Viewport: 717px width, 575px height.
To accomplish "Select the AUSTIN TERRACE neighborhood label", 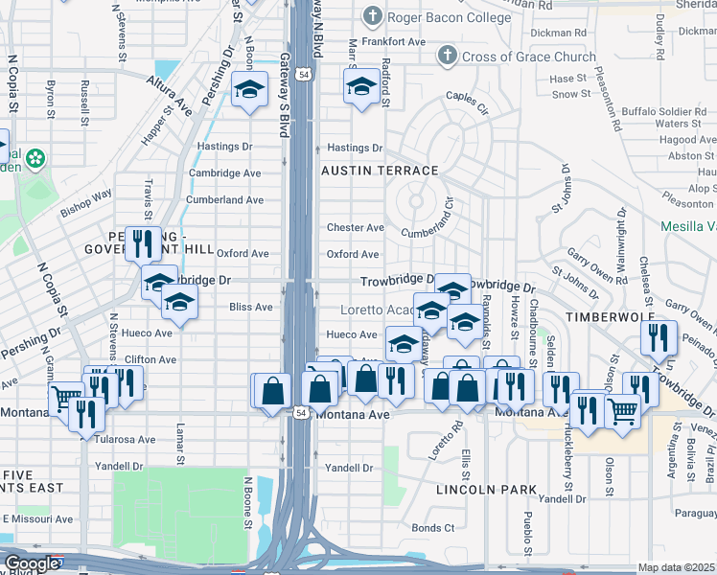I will click(x=380, y=171).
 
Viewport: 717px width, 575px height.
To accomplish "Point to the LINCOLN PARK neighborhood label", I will click(x=486, y=490).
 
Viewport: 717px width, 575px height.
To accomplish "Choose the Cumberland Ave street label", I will click(x=225, y=200).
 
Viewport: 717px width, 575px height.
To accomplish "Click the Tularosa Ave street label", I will click(x=126, y=440).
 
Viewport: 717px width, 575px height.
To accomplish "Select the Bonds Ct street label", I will click(x=433, y=528).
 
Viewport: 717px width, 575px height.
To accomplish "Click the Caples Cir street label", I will click(x=467, y=98).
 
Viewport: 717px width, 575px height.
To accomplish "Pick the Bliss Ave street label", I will click(x=251, y=308).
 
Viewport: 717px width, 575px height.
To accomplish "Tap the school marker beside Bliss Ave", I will click(x=179, y=303).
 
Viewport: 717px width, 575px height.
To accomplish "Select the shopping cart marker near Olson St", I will click(x=624, y=409).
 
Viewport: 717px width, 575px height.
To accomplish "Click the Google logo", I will click(x=31, y=564).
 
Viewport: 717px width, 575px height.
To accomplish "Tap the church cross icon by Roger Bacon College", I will click(x=372, y=16).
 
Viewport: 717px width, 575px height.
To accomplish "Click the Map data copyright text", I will click(x=677, y=567).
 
